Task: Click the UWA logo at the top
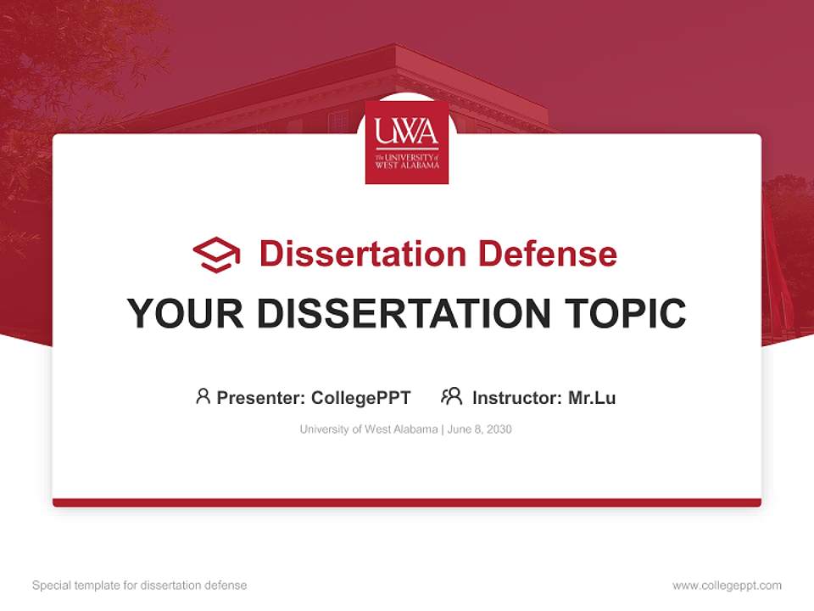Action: pyautogui.click(x=407, y=143)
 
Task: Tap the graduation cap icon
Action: pyautogui.click(x=216, y=255)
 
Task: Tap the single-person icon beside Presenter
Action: pyautogui.click(x=203, y=396)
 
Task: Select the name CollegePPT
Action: pyautogui.click(x=361, y=398)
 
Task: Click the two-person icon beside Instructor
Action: pyautogui.click(x=451, y=396)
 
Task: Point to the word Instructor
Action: pyautogui.click(x=515, y=398)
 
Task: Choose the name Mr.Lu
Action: pyautogui.click(x=592, y=398)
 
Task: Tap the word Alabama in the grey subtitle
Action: pyautogui.click(x=413, y=429)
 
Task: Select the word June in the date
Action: pyautogui.click(x=458, y=429)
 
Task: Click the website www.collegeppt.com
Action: pyautogui.click(x=727, y=586)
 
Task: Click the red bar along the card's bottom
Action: pyautogui.click(x=407, y=502)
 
